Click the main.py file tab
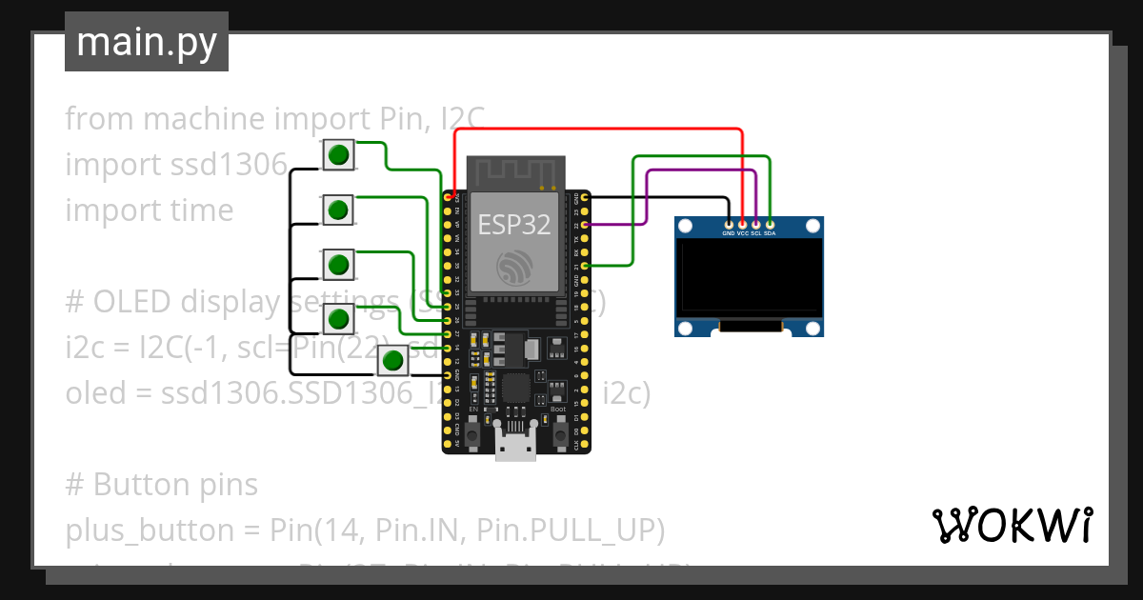coord(146,42)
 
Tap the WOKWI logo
coord(1011,525)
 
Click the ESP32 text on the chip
coord(513,225)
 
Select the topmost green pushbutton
coord(338,154)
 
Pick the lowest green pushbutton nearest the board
coord(392,361)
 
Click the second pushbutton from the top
coord(338,209)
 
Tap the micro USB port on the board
coord(515,449)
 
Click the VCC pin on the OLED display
coord(742,224)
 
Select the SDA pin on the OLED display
coord(770,224)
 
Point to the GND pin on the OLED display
coord(729,224)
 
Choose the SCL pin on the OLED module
coord(756,224)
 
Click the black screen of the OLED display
coord(749,279)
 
